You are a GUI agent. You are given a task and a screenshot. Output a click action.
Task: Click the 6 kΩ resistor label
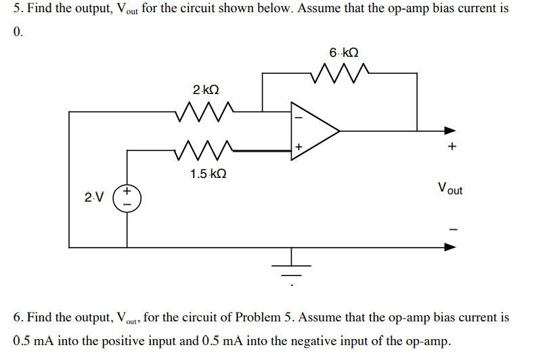coord(344,52)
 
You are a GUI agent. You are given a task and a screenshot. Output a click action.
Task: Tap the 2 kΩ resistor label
coord(206,90)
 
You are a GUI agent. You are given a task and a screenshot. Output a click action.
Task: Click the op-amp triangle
coord(313,131)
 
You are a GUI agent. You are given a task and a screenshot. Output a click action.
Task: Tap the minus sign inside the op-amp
coord(296,116)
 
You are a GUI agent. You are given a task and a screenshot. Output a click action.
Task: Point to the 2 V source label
coord(94,198)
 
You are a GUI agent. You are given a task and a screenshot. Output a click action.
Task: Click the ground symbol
coord(292,267)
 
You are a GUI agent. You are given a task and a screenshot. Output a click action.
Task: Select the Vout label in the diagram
coord(450,188)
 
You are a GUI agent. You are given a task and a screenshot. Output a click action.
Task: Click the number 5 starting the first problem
coord(17,12)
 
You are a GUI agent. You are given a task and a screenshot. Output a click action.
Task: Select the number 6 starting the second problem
coord(17,317)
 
